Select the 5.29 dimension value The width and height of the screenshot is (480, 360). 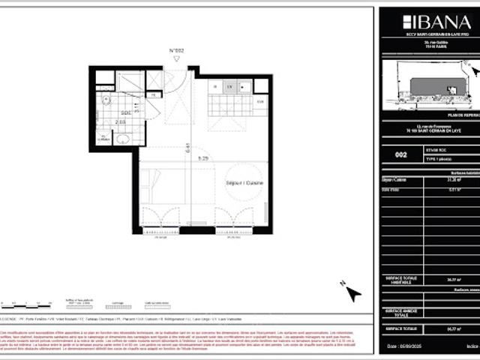point(202,158)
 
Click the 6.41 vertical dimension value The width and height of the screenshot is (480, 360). point(188,148)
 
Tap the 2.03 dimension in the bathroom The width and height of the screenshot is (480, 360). point(121,121)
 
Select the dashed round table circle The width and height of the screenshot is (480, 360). point(241,183)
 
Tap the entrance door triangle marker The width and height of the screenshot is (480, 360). point(176,61)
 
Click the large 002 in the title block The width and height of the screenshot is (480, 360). point(401,155)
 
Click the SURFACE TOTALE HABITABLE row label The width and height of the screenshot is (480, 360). point(400,279)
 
